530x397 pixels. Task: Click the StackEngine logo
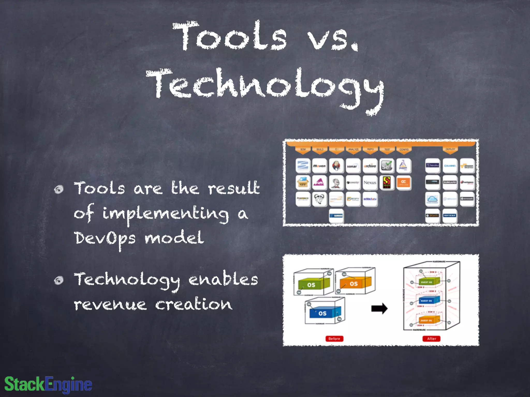pyautogui.click(x=48, y=384)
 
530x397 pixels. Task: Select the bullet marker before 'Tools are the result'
pyautogui.click(x=59, y=189)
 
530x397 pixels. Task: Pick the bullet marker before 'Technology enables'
pyautogui.click(x=59, y=280)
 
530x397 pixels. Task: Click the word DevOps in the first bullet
pyautogui.click(x=105, y=238)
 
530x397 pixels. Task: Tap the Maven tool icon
pyautogui.click(x=319, y=166)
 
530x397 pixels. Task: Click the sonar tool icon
pyautogui.click(x=353, y=166)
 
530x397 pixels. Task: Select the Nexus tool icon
pyautogui.click(x=370, y=182)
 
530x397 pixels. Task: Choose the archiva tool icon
pyautogui.click(x=370, y=166)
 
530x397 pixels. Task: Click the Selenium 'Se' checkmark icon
pyautogui.click(x=387, y=166)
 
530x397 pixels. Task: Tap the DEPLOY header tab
pyautogui.click(x=450, y=150)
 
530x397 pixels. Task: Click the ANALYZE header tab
pyautogui.click(x=353, y=150)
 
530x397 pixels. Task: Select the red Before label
pyautogui.click(x=334, y=339)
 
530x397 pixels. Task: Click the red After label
pyautogui.click(x=431, y=339)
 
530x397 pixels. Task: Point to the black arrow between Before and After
pyautogui.click(x=379, y=308)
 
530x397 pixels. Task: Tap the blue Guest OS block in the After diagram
pyautogui.click(x=428, y=301)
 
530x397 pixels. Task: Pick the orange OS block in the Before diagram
pyautogui.click(x=355, y=283)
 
